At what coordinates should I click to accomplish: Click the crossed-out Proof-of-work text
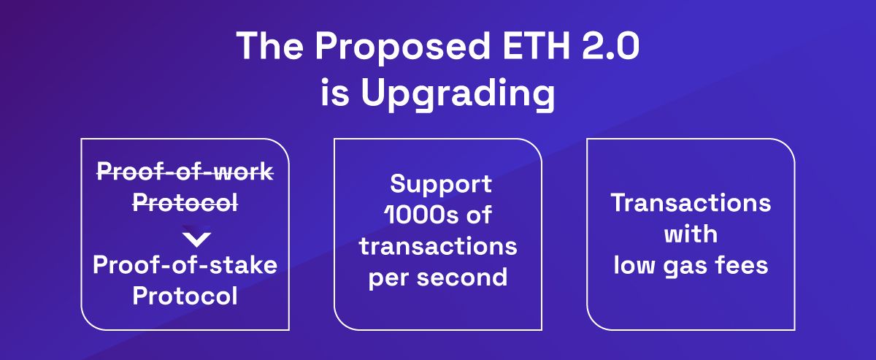(185, 172)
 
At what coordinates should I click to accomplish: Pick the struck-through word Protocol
(185, 204)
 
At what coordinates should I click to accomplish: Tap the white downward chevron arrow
(196, 239)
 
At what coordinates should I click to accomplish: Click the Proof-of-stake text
(185, 265)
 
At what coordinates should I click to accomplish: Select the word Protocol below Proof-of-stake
(185, 296)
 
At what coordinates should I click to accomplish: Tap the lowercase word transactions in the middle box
(438, 246)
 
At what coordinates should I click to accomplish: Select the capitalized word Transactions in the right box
(691, 202)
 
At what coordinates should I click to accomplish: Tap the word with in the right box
(691, 234)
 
